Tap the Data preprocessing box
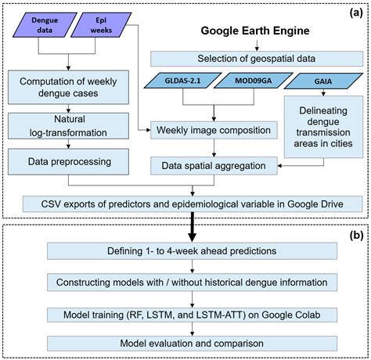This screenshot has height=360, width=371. (x=65, y=162)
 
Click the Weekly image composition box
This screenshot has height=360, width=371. (x=214, y=131)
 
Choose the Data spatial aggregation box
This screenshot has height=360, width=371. (x=214, y=165)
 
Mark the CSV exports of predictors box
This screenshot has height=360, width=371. (x=193, y=204)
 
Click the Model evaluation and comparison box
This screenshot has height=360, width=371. (x=193, y=342)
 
